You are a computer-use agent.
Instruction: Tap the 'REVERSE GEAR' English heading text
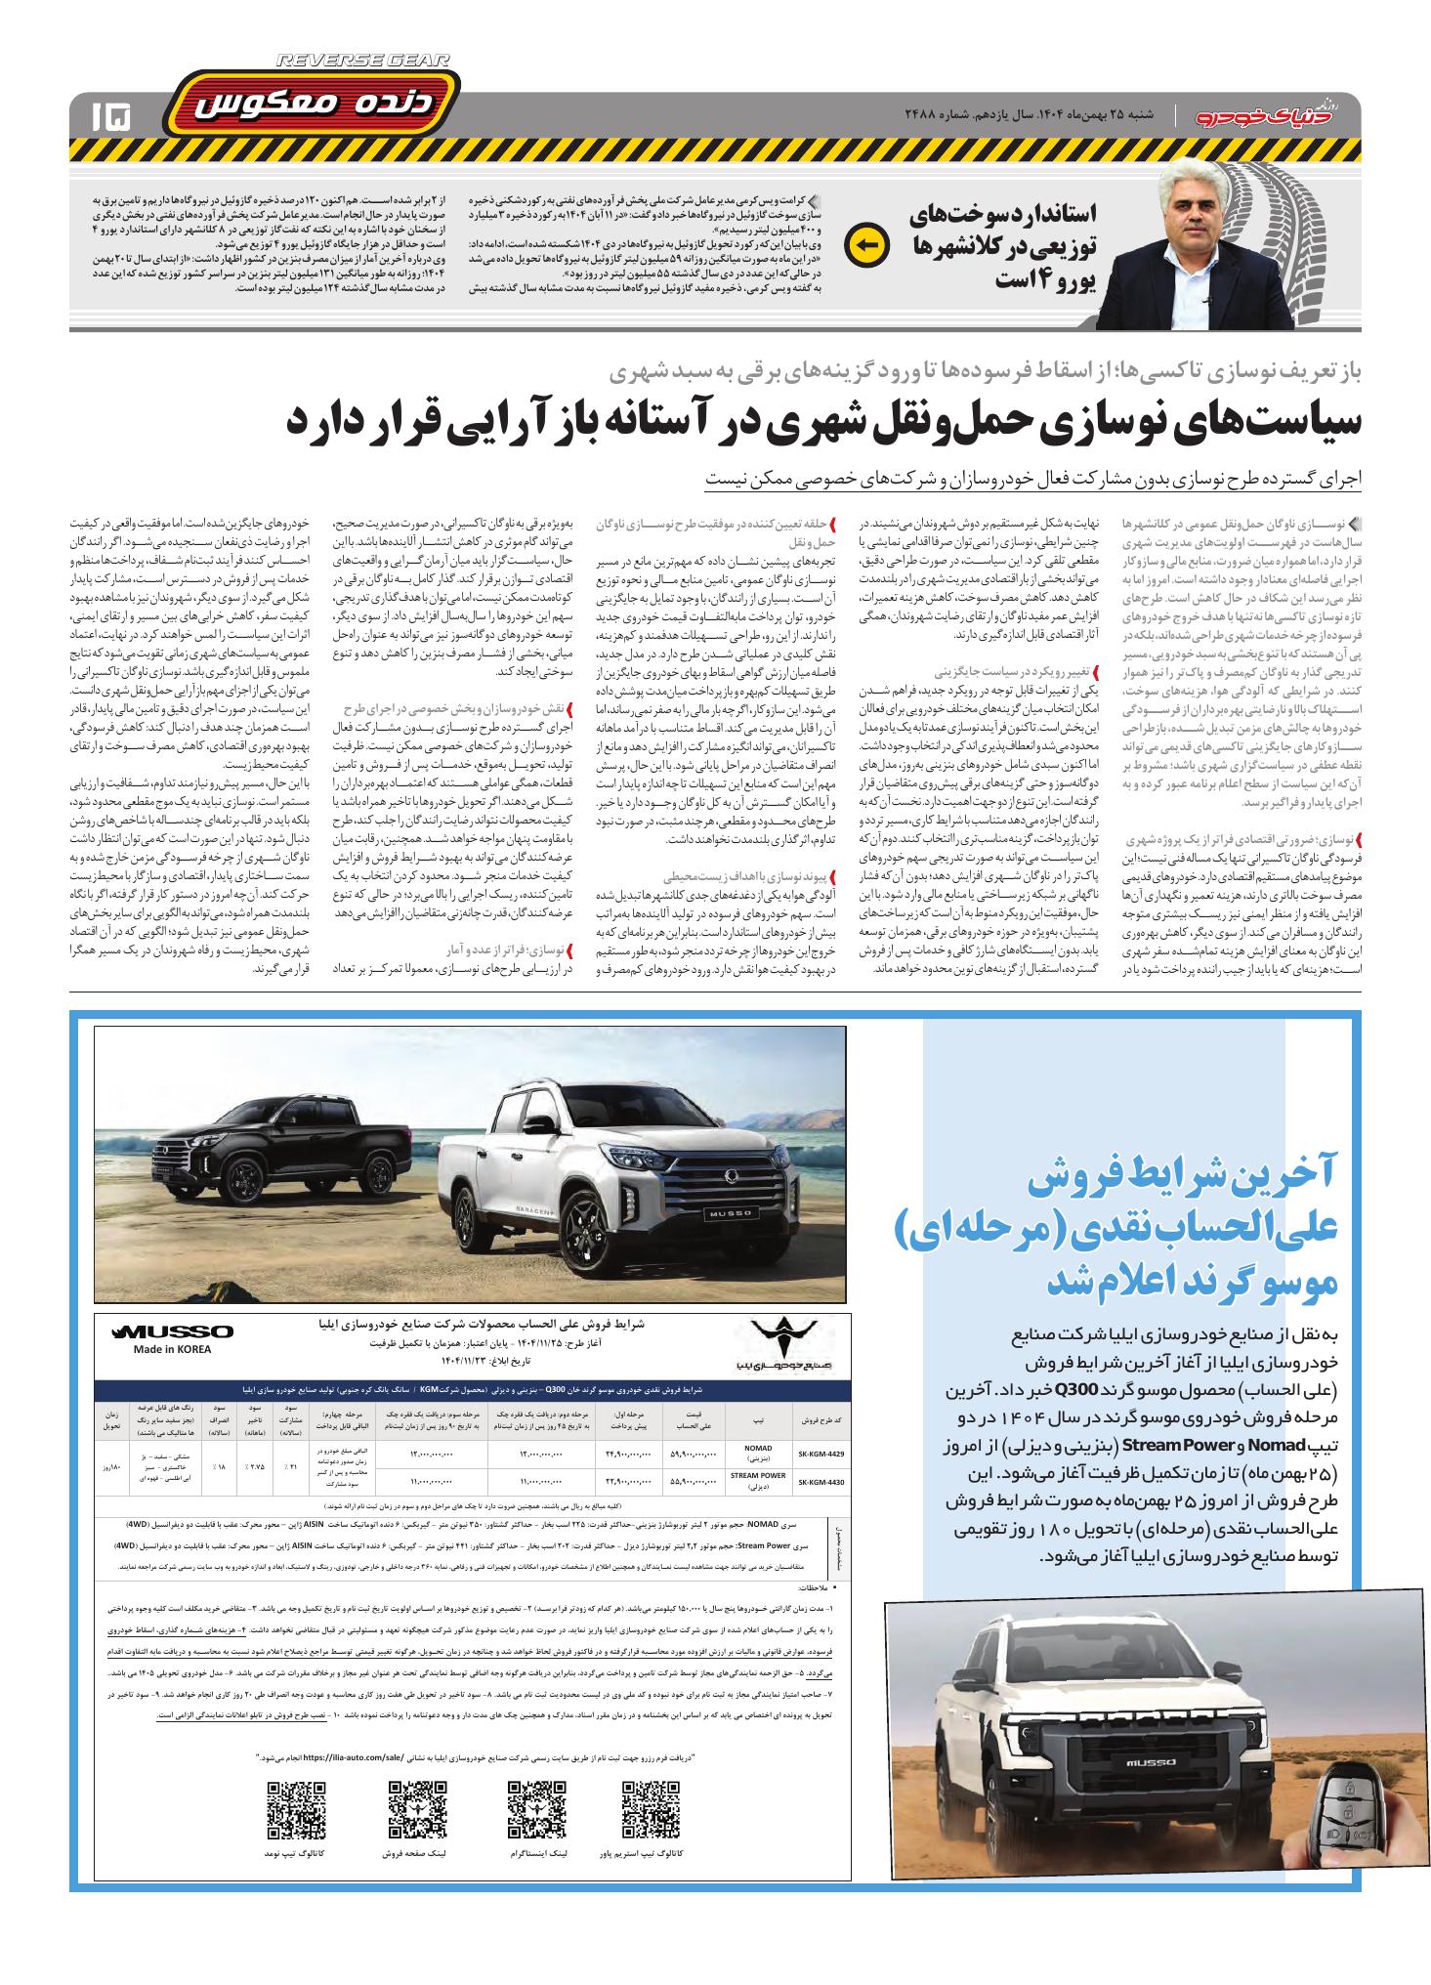pos(362,61)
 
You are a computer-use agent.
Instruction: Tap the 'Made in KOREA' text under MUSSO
pos(172,1349)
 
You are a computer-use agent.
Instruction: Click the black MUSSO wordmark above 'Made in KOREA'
pos(173,1331)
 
